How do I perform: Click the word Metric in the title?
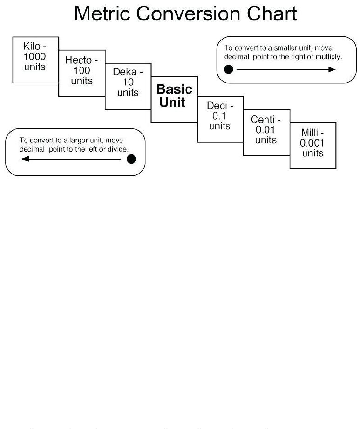[102, 13]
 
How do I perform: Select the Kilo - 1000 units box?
[35, 60]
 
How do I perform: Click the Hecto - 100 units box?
[82, 73]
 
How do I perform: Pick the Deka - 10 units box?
[128, 86]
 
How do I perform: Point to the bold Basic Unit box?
[174, 99]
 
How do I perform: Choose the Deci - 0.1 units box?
[221, 119]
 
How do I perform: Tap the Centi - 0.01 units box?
[267, 133]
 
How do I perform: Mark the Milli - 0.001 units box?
[313, 146]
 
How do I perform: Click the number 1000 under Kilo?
[34, 56]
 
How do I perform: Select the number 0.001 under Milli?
[312, 143]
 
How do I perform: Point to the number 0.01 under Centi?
[265, 130]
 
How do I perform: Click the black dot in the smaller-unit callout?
[229, 69]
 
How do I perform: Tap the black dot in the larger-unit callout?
[131, 159]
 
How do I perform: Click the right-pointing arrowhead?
[332, 69]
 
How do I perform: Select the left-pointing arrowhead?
[25, 159]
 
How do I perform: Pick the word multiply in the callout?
[329, 57]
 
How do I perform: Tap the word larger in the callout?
[78, 141]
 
